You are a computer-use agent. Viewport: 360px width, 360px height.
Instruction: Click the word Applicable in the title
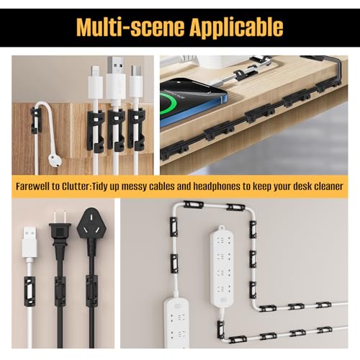pos(236,27)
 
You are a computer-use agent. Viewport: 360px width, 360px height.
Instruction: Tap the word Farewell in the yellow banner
pos(32,186)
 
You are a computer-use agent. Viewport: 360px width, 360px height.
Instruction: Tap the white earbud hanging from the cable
pos(55,161)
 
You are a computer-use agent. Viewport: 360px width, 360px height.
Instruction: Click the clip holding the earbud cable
pos(35,120)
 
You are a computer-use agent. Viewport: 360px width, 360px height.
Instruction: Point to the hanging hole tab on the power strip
pos(222,228)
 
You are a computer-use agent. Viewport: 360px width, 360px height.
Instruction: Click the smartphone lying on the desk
pos(194,103)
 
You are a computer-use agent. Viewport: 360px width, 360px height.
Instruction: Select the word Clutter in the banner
pos(76,186)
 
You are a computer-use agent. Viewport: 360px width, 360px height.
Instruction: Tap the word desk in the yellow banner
pos(303,186)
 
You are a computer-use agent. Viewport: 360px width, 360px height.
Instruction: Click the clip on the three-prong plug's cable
pos(91,291)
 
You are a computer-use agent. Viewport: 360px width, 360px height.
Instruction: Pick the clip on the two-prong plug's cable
pos(60,291)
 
